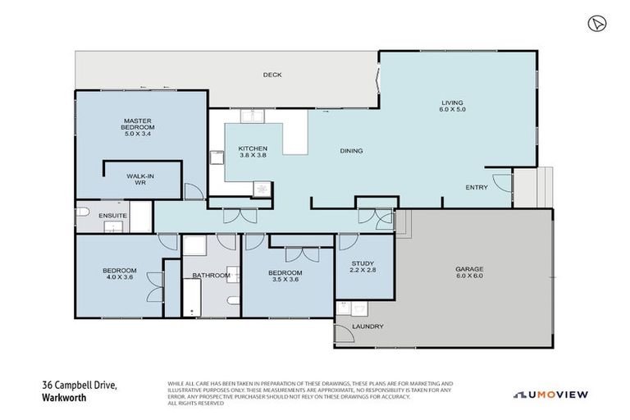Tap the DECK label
(x=272, y=75)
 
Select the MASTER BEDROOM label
(x=139, y=125)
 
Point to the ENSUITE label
(x=112, y=216)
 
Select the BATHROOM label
(x=211, y=276)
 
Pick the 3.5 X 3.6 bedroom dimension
(x=285, y=279)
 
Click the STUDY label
(x=362, y=262)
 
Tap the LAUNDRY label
(x=367, y=326)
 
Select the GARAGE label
(x=469, y=269)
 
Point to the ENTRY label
(x=476, y=187)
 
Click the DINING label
(x=351, y=151)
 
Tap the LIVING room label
(x=452, y=103)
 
